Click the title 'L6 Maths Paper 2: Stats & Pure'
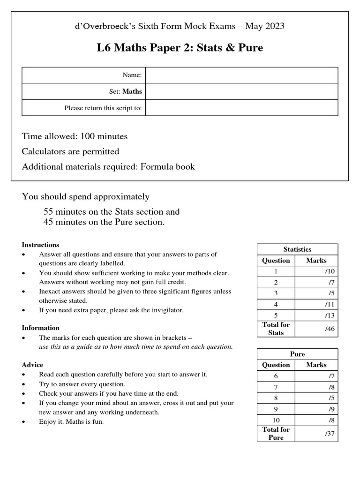tap(180, 47)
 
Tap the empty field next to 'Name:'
tap(241, 75)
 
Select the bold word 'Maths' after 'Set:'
tap(132, 91)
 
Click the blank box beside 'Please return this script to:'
tap(241, 108)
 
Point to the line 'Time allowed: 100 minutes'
tap(75, 136)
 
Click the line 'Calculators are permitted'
tap(70, 151)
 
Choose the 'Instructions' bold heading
tap(40, 245)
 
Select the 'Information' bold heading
tap(41, 328)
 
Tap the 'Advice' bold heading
tap(32, 365)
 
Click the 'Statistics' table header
tap(297, 249)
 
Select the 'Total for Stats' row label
tap(276, 329)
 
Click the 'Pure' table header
tap(297, 354)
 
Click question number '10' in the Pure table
tap(276, 420)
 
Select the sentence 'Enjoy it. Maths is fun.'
tap(71, 421)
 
